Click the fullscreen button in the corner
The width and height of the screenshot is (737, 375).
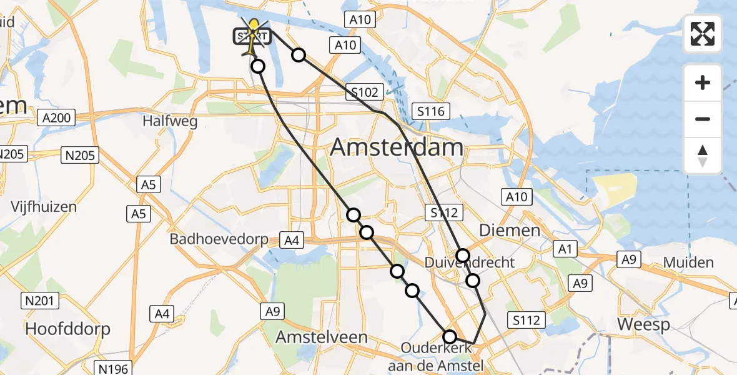pos(703,33)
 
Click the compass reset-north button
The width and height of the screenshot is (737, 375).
pos(703,156)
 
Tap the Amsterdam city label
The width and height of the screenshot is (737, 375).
pos(397,147)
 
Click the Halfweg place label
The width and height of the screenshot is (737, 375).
pos(170,121)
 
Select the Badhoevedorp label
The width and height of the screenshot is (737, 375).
pos(219,239)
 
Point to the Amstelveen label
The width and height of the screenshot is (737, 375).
pos(322,337)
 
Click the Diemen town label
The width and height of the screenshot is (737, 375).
pos(509,231)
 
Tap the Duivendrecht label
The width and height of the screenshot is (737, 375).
pos(470,262)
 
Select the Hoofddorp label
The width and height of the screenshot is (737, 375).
pos(68,329)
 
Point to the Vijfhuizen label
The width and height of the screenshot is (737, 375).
pos(43,207)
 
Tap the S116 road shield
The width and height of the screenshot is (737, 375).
pos(431,112)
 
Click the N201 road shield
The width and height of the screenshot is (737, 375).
pos(39,301)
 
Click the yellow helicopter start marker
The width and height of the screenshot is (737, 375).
pos(254,35)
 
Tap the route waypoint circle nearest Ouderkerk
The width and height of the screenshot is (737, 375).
pos(450,336)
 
